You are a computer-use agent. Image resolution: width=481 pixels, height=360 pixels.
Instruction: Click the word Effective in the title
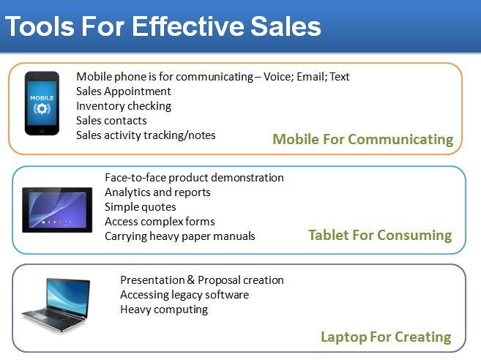[x=188, y=26]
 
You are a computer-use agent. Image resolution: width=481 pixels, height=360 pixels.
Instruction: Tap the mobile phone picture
[x=42, y=103]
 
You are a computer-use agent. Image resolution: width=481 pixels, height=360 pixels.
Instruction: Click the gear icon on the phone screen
[x=42, y=109]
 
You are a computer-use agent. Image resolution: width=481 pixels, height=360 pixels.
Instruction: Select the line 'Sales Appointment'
[x=123, y=91]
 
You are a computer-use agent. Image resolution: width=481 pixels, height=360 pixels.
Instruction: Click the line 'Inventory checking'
[x=124, y=106]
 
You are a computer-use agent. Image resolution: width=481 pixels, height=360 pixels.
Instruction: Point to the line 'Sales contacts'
[x=111, y=121]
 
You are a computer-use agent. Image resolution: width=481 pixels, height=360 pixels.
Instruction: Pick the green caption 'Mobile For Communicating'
[x=363, y=139]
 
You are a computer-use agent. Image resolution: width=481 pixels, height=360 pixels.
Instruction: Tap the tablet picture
[x=57, y=210]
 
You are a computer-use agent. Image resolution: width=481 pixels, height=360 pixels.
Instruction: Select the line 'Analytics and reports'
[x=157, y=192]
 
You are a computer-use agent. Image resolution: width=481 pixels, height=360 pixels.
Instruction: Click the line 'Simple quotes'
[x=141, y=207]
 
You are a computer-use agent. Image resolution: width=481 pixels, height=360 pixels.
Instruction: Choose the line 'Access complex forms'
[x=160, y=222]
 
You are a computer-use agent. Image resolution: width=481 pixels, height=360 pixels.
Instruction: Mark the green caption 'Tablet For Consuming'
[x=380, y=235]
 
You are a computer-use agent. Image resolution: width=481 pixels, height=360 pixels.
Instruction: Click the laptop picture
[x=56, y=305]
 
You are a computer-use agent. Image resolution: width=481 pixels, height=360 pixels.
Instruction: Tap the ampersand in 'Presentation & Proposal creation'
[x=191, y=280]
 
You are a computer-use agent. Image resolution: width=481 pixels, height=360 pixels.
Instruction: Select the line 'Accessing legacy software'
[x=184, y=295]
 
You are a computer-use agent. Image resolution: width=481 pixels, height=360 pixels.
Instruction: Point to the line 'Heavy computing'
[x=164, y=310]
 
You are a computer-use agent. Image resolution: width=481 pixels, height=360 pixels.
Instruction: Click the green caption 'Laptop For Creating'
[x=386, y=337]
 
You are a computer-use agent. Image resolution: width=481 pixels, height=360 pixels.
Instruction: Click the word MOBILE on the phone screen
[x=42, y=98]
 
